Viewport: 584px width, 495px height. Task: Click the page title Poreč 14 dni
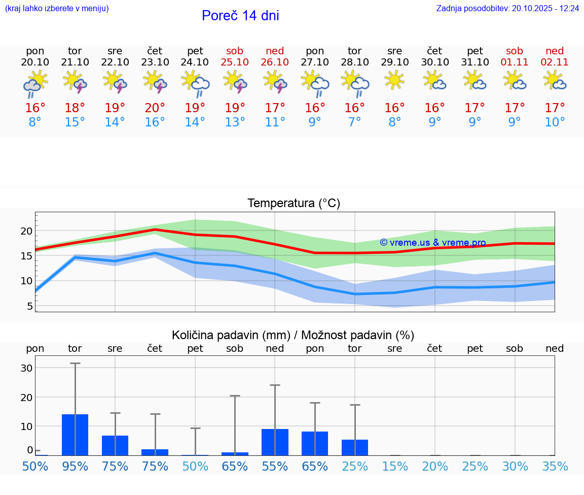[x=240, y=16]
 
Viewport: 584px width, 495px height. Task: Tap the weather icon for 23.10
[x=155, y=82]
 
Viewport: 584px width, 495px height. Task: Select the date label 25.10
[x=235, y=62]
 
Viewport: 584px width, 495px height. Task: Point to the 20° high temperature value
[x=155, y=108]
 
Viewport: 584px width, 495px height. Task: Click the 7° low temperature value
[x=354, y=122]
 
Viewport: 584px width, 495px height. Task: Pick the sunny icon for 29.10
[x=394, y=80]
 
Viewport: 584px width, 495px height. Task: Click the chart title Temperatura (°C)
[x=294, y=204]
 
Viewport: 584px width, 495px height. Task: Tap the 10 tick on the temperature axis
[x=26, y=281]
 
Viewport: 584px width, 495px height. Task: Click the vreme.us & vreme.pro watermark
[x=432, y=243]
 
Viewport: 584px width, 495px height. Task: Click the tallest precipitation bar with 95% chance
[x=75, y=435]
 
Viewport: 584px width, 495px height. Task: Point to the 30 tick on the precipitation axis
[x=26, y=368]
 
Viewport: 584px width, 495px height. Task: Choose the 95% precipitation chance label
[x=75, y=467]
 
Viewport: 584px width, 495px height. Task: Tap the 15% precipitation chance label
[x=394, y=467]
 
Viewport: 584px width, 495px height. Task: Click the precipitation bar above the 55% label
[x=275, y=442]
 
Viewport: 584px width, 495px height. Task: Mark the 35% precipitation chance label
[x=555, y=467]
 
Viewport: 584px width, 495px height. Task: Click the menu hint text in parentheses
[x=57, y=9]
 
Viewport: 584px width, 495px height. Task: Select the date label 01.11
[x=515, y=62]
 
